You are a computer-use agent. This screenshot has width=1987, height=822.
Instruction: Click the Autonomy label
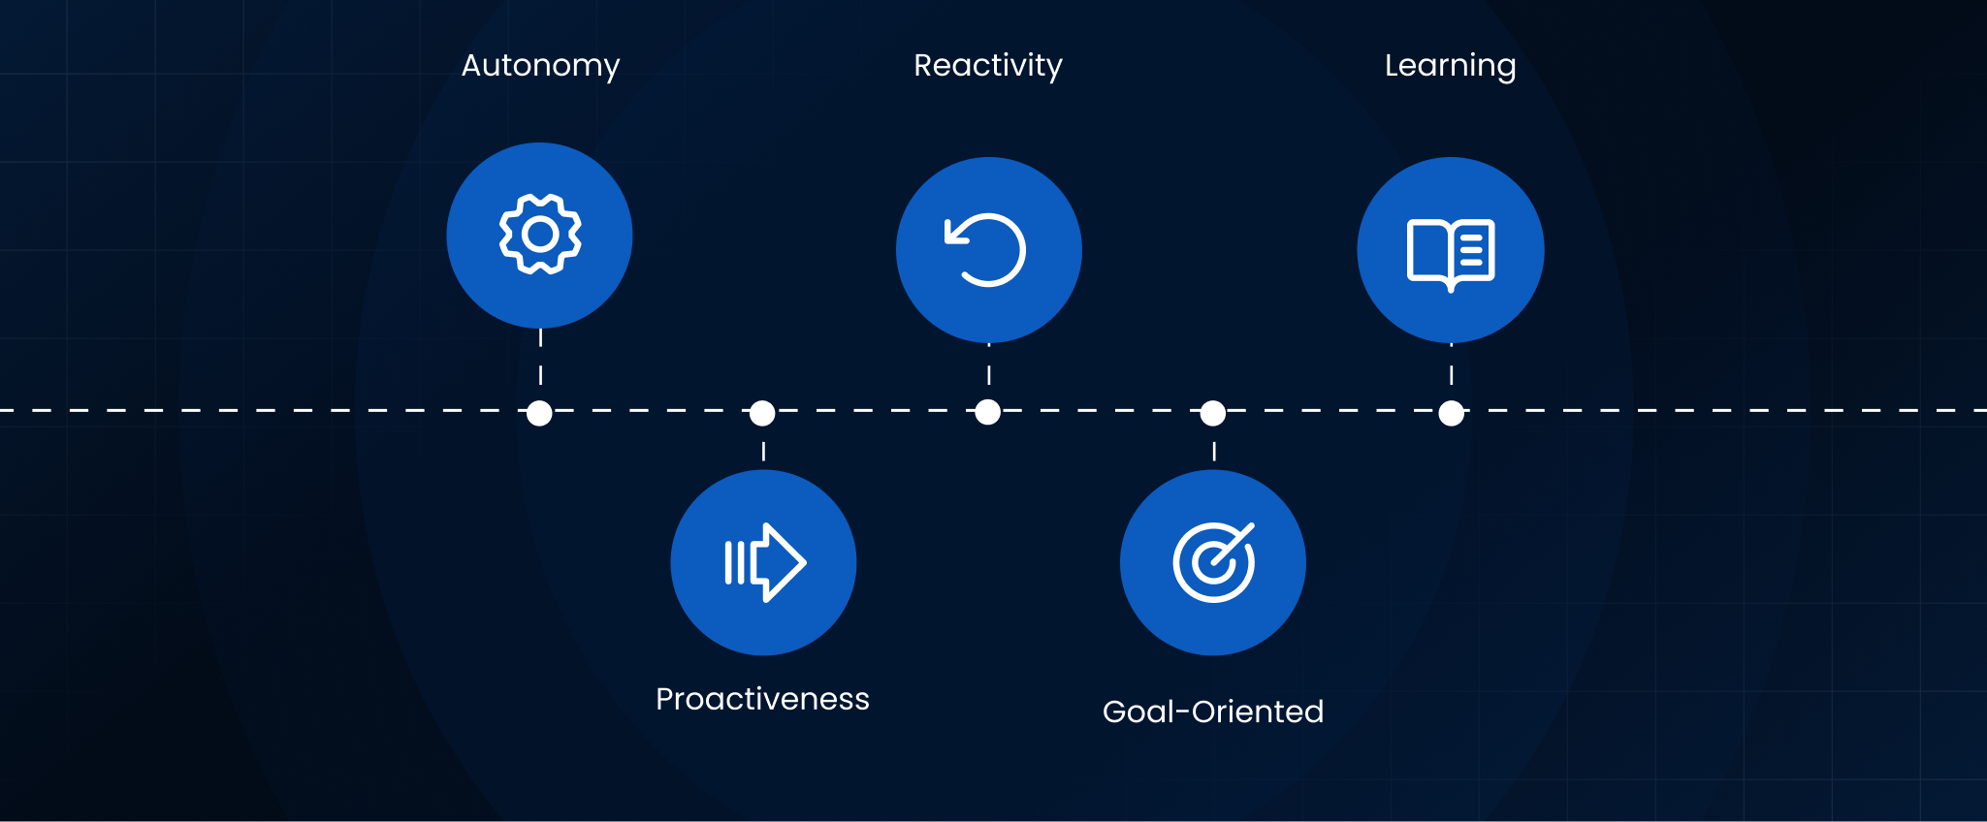[540, 66]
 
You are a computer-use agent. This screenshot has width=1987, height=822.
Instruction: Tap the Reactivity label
[988, 66]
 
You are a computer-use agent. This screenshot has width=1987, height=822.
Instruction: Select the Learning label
[1450, 66]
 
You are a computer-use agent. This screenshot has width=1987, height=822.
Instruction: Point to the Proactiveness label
[762, 699]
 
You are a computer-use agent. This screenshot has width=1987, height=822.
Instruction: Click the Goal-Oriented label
[1212, 711]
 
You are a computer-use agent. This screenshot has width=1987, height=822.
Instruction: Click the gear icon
[540, 235]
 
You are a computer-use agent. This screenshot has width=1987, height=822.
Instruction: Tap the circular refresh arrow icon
[987, 250]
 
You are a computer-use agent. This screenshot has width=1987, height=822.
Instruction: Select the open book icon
[1450, 254]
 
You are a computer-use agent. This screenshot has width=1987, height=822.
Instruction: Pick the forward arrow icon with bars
[764, 562]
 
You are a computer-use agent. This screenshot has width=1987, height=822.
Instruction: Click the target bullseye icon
[1213, 562]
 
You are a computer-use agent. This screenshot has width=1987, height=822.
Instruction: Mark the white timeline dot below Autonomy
[540, 413]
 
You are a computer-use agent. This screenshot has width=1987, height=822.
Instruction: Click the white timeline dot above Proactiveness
[763, 413]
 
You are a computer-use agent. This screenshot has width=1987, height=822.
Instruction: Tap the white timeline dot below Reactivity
[988, 412]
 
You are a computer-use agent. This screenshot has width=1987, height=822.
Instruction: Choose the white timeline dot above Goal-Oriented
[1213, 413]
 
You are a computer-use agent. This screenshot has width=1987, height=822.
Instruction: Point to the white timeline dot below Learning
[1451, 413]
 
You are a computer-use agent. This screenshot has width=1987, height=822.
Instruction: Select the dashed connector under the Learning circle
[1451, 373]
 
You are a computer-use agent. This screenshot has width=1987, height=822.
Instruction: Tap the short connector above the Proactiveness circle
[763, 451]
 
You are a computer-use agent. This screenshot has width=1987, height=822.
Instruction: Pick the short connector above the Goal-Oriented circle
[1213, 451]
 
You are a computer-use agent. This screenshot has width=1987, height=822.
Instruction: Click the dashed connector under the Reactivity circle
[988, 373]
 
